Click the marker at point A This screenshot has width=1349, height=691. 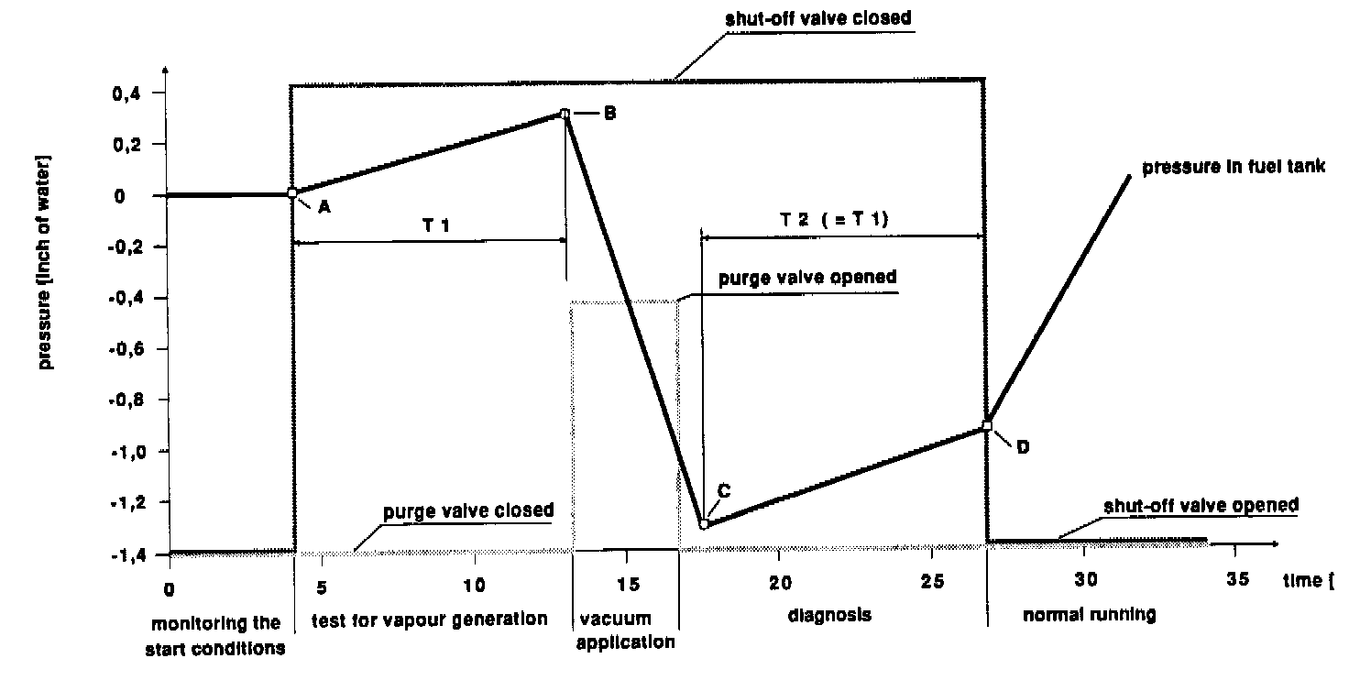[292, 193]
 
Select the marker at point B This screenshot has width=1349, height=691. [565, 114]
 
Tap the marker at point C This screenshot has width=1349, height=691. [704, 524]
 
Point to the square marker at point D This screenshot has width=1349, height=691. [987, 425]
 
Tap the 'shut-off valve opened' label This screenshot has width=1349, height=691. [1201, 505]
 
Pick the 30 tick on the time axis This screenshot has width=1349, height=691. [1082, 583]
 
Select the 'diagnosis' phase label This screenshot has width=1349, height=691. [829, 616]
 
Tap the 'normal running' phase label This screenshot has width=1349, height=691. [1088, 616]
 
